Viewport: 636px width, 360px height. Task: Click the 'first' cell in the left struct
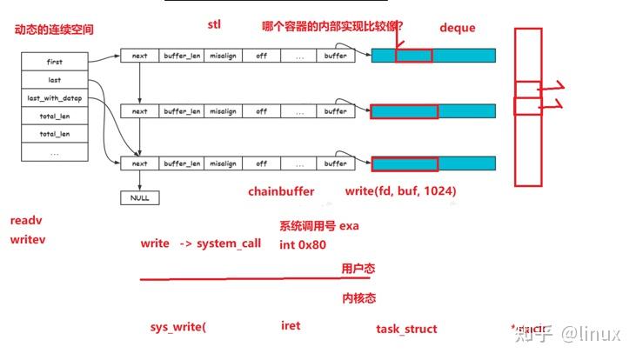point(55,63)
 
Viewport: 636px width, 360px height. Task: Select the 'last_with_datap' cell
point(55,98)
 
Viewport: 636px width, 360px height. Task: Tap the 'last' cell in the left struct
point(55,80)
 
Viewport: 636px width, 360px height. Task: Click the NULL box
point(139,197)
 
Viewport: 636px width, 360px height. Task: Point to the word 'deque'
point(458,28)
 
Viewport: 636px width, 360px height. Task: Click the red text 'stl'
point(214,24)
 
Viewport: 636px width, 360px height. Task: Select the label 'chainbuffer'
point(281,191)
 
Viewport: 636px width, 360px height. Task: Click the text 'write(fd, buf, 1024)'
point(400,191)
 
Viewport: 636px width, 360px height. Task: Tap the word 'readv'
point(26,221)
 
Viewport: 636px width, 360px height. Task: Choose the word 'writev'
point(28,239)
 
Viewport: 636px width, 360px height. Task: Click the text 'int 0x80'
point(303,244)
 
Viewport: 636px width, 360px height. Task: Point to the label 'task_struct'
point(406,329)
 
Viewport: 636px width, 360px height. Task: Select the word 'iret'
point(291,326)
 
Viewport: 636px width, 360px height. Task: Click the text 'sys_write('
point(178,327)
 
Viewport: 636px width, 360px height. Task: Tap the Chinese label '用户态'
point(358,270)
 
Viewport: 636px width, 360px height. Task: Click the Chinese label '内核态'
point(358,298)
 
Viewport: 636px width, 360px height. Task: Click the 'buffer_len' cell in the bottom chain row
point(182,163)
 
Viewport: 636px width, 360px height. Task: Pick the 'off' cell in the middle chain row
point(261,111)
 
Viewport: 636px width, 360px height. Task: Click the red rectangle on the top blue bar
point(413,55)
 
